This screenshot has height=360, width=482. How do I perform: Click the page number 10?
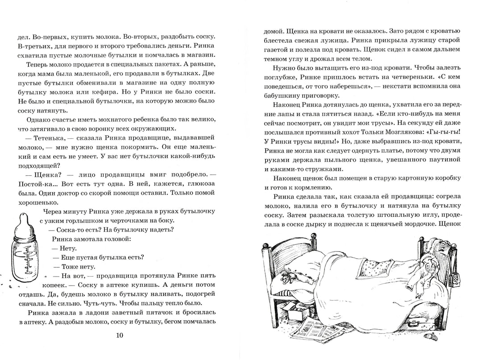point(120,335)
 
